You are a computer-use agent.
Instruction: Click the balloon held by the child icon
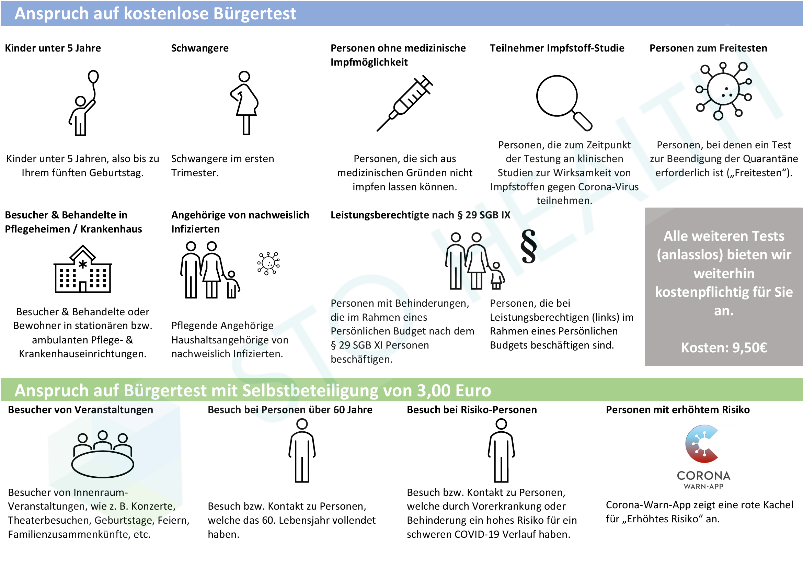point(93,77)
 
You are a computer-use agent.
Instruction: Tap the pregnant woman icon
point(244,103)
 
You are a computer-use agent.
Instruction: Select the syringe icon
point(405,103)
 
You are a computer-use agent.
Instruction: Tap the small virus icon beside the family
point(268,263)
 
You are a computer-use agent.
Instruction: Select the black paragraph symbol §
point(528,246)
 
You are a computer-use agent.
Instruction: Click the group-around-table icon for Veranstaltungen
point(102,454)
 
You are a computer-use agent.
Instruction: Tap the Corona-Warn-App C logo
point(701,444)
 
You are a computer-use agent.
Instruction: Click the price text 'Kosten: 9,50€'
point(724,348)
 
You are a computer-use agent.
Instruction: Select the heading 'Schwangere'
point(200,48)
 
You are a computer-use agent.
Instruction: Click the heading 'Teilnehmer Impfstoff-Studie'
point(557,48)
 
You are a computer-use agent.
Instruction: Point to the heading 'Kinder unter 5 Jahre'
point(53,48)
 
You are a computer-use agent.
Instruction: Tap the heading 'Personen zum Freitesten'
point(708,48)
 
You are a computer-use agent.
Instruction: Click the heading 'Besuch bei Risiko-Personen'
point(472,410)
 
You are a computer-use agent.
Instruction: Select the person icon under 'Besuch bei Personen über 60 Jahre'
point(302,451)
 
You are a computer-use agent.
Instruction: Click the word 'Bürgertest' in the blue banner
point(255,14)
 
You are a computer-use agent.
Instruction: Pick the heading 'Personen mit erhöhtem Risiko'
point(678,410)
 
